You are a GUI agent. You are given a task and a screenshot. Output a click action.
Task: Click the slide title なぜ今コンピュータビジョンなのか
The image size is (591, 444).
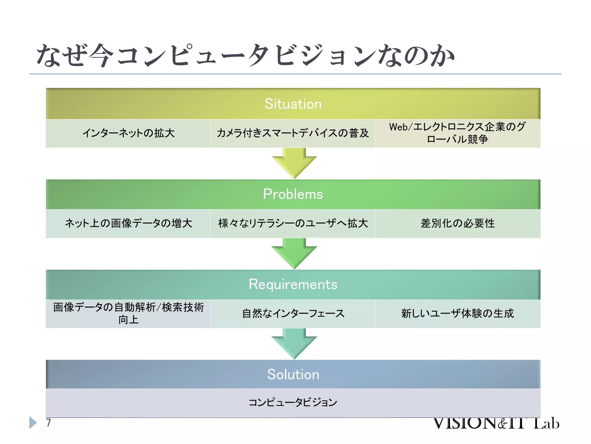(245, 55)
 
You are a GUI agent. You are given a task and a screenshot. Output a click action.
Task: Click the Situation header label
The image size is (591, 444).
(293, 104)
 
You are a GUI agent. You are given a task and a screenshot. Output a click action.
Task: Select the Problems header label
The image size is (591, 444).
(293, 194)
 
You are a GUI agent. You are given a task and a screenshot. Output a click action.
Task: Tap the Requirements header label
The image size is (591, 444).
(293, 284)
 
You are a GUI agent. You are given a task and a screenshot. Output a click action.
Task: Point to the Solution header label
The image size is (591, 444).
(293, 374)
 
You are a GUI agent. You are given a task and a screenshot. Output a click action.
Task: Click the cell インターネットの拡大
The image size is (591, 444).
(128, 133)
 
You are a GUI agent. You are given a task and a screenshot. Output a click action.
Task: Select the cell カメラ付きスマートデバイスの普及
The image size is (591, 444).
(293, 133)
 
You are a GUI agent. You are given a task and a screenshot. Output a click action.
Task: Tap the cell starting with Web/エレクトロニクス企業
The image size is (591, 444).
(457, 133)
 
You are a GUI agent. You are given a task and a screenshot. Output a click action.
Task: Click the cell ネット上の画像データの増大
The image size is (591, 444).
(128, 223)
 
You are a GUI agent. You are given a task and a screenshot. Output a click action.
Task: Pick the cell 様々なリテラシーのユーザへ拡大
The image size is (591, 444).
(293, 223)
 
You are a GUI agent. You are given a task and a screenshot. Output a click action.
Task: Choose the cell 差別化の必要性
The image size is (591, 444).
(457, 223)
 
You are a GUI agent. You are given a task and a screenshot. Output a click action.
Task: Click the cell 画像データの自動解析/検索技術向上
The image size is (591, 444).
(128, 313)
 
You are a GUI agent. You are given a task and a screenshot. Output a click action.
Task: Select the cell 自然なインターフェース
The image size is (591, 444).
(293, 314)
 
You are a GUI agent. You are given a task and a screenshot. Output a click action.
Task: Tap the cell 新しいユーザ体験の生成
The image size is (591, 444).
(457, 314)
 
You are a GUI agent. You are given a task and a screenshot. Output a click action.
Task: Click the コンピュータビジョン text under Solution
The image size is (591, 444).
(293, 402)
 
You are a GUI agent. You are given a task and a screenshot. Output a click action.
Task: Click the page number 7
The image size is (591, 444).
(48, 423)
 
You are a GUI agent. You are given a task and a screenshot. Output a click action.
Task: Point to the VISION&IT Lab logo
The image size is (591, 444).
(496, 423)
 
